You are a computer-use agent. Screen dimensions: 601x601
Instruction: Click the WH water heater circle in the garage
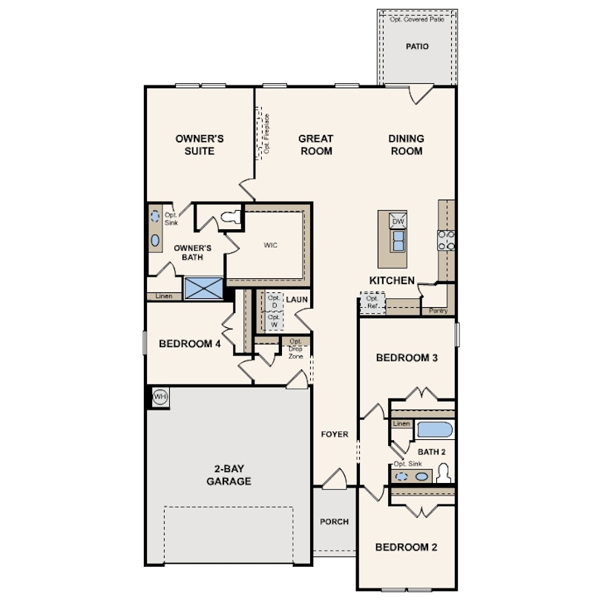(x=160, y=396)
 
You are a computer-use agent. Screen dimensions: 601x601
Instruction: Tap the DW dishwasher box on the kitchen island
(x=398, y=221)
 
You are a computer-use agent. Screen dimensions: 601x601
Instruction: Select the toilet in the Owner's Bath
(x=231, y=217)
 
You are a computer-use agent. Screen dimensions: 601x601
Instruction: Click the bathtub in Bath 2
(x=435, y=430)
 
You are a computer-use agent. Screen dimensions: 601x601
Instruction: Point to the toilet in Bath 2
(x=444, y=473)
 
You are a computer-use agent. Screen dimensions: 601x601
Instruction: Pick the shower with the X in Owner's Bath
(x=203, y=288)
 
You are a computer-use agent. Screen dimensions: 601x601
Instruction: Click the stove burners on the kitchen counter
(x=446, y=240)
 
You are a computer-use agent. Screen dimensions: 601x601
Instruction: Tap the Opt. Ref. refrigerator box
(x=372, y=303)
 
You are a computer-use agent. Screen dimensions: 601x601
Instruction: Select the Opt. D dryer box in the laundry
(x=274, y=301)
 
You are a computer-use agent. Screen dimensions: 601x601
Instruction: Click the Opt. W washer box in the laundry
(x=274, y=321)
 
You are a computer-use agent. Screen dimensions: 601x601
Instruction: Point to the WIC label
(x=270, y=245)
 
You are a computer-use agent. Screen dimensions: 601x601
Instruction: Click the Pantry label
(x=438, y=311)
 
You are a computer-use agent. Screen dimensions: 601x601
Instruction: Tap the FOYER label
(x=335, y=434)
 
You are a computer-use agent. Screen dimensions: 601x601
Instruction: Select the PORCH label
(x=334, y=522)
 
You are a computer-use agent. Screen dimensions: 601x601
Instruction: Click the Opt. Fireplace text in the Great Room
(x=267, y=134)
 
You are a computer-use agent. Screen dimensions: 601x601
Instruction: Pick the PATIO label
(x=417, y=47)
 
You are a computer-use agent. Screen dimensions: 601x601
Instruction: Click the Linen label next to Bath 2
(x=401, y=424)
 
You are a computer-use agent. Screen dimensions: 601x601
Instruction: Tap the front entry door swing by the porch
(x=335, y=479)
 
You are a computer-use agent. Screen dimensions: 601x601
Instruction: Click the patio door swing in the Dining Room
(x=421, y=95)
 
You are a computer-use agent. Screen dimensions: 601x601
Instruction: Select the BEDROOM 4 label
(x=190, y=344)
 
